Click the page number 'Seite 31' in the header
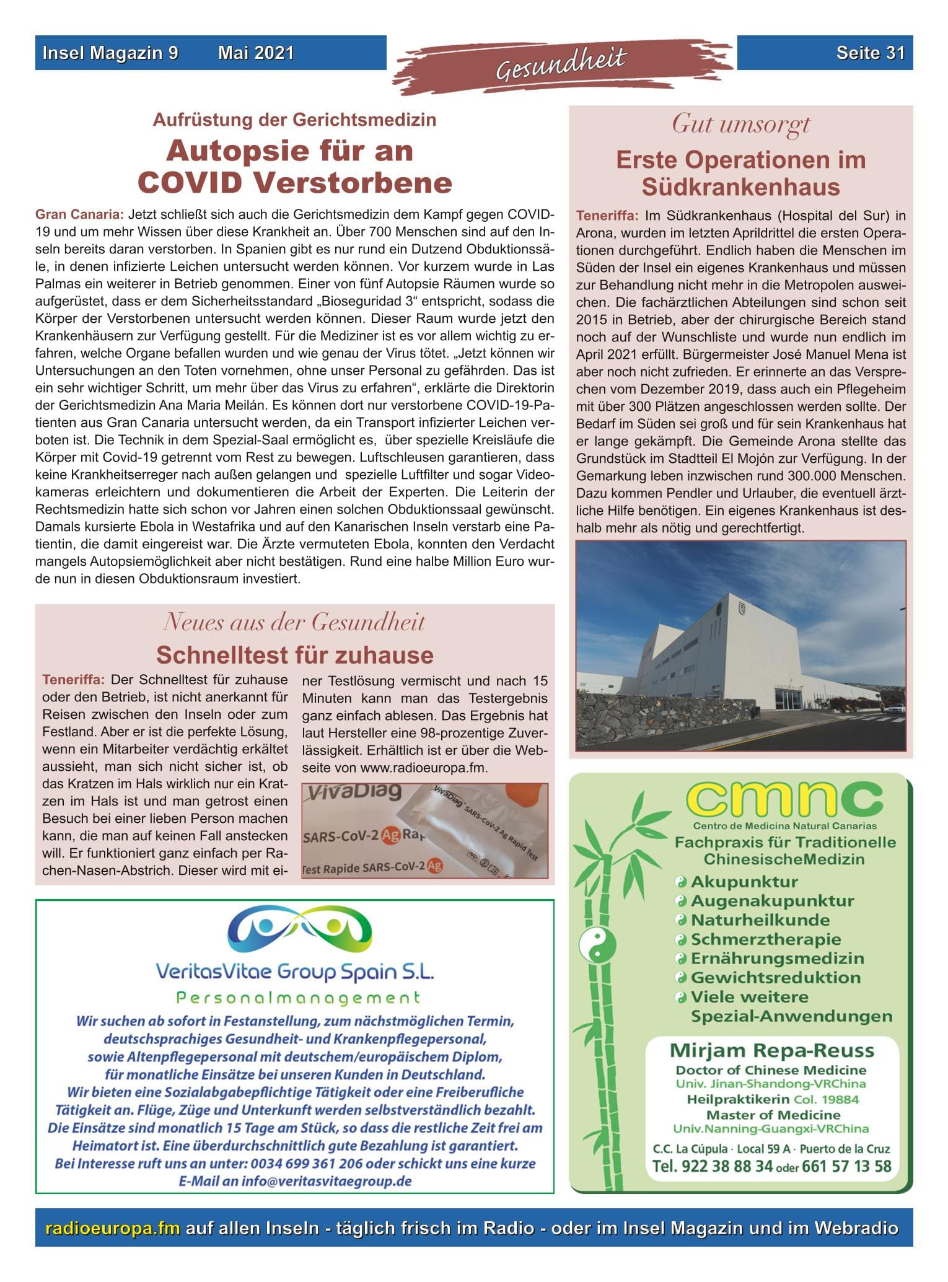(870, 53)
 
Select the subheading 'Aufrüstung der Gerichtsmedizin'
(294, 120)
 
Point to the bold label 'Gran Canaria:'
(80, 215)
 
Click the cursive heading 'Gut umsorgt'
(740, 125)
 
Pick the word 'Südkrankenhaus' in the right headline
(740, 187)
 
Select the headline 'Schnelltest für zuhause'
(294, 655)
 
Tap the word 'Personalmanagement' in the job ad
(298, 998)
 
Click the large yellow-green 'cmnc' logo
(785, 800)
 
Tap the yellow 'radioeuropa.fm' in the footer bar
(113, 1228)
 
